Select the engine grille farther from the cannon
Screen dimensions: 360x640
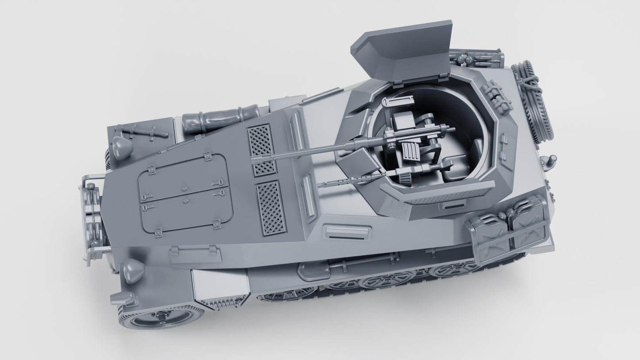click(270, 207)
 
